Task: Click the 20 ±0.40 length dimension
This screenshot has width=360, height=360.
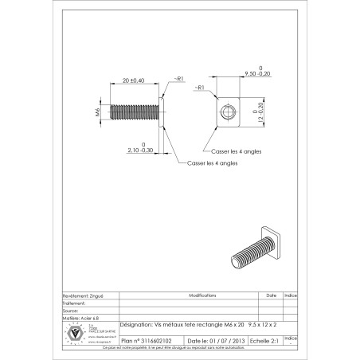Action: coord(133,80)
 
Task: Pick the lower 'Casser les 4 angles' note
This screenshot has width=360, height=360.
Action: coord(212,162)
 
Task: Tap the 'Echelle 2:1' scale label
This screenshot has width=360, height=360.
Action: coord(265,338)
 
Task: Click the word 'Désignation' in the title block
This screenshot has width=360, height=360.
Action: coord(135,326)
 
